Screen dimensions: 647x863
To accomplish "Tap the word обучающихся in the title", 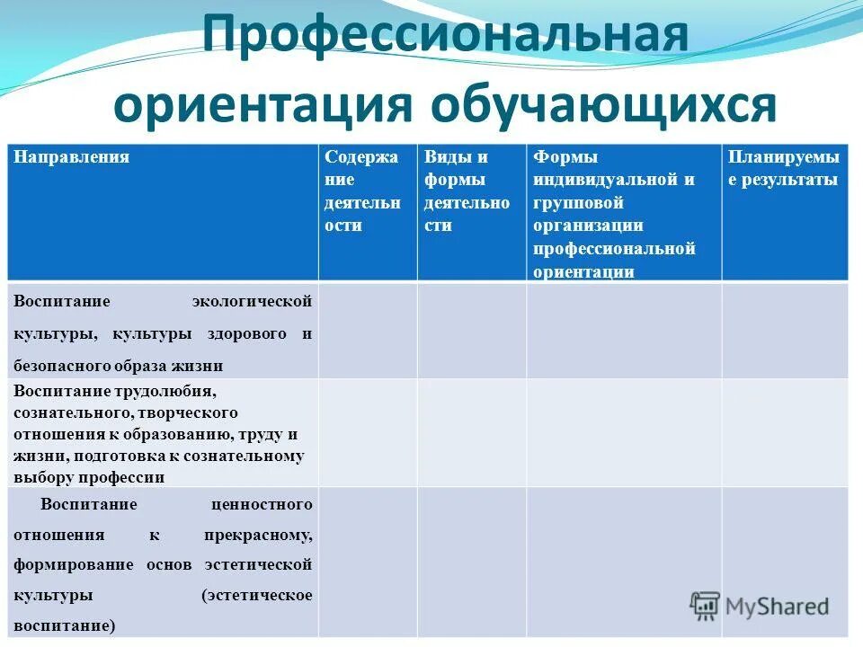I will tap(603, 105).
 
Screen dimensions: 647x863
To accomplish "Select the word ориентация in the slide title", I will tap(262, 105).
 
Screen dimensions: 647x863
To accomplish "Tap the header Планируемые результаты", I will tap(784, 168).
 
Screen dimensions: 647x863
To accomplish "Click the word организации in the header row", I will tap(587, 226).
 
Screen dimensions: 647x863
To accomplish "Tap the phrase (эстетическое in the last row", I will tap(257, 595).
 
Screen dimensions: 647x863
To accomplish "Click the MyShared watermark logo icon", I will tap(705, 606).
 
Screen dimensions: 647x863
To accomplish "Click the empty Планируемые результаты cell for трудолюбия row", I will tap(784, 432).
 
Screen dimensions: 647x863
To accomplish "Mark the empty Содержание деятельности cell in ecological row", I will tap(368, 331).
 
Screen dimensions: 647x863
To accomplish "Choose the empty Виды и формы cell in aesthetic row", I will tap(471, 562).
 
